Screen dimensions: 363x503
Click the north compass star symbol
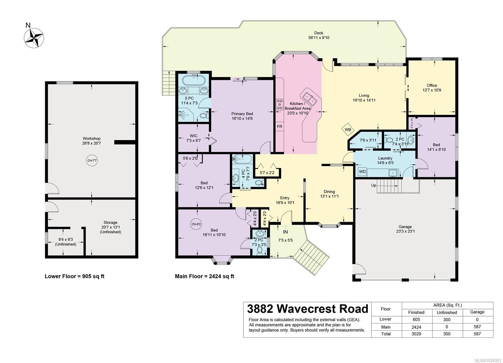(34, 38)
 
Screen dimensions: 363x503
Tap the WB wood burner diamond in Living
(348, 129)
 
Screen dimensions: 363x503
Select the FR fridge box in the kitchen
(279, 126)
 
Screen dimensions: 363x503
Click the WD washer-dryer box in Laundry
(362, 172)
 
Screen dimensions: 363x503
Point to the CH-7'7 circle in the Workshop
(92, 161)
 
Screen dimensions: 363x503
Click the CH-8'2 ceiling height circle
(196, 224)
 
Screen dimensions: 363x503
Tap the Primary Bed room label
(242, 116)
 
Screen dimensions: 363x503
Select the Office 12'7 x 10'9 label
(432, 88)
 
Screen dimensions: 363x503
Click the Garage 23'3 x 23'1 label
(405, 229)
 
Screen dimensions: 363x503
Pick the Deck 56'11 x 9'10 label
(318, 35)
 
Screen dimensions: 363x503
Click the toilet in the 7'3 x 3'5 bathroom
(260, 250)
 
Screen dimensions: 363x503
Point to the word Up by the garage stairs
(373, 185)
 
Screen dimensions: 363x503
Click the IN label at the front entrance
(285, 232)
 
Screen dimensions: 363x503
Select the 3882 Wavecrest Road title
(307, 309)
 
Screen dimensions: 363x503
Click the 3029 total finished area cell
(416, 334)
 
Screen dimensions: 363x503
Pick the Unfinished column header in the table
(446, 312)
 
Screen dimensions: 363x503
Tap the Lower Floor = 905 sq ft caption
(75, 276)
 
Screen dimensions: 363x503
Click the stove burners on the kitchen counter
(279, 104)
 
